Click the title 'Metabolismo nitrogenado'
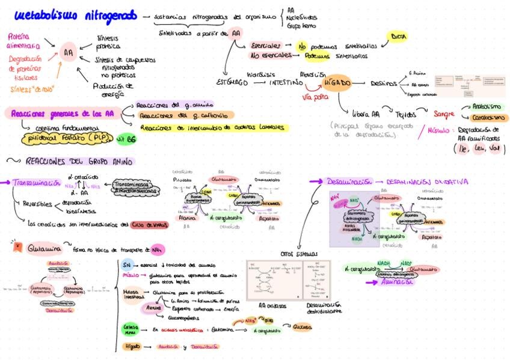coord(75,14)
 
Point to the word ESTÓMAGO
coord(231,82)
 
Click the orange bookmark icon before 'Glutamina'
coord(17,246)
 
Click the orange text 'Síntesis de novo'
coord(32,89)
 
